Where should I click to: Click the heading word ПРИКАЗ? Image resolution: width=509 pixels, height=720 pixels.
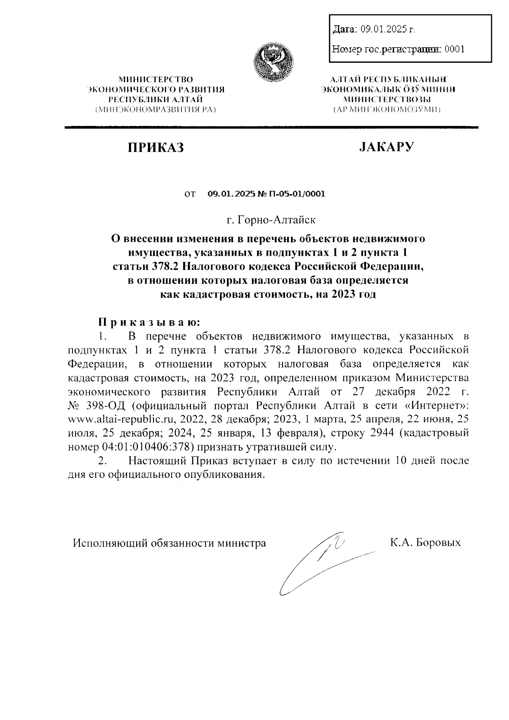(156, 148)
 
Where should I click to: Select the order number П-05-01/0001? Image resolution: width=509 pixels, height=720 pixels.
(297, 194)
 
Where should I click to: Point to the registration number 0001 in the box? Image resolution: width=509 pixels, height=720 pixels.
(454, 49)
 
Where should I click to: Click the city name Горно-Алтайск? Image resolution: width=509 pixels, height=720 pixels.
(277, 220)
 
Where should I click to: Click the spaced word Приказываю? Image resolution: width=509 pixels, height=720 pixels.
(148, 322)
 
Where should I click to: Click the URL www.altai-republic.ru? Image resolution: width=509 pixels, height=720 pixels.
(122, 419)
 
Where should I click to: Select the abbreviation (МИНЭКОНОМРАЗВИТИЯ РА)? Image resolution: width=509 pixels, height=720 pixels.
(156, 110)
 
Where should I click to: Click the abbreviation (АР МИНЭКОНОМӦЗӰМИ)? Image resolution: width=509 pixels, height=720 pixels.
(386, 110)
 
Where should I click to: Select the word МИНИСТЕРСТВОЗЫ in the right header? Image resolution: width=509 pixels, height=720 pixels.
(386, 100)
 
